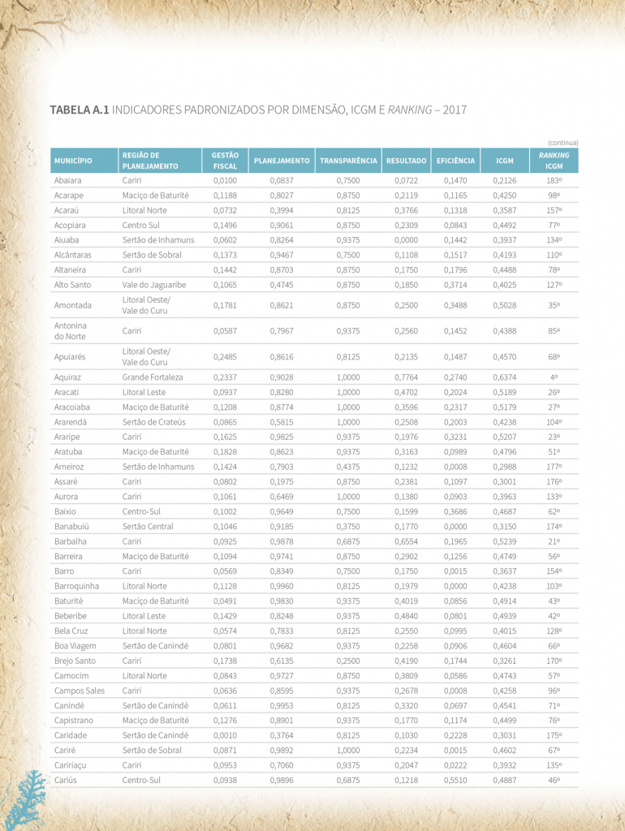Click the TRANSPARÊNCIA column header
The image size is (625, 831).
348,161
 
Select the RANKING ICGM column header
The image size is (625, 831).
554,161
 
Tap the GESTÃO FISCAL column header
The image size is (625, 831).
225,161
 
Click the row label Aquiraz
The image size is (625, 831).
68,377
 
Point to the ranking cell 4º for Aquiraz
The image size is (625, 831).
554,377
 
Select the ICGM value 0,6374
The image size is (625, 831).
504,377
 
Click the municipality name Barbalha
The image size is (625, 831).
70,541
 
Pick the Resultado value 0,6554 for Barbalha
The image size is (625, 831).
406,541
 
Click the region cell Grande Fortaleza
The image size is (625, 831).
153,377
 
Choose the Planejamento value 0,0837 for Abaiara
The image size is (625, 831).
282,180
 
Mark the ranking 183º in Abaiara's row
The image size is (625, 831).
554,180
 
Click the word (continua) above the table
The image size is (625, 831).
563,143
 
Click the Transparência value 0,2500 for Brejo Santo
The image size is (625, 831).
348,661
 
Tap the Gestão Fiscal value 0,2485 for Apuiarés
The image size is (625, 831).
225,357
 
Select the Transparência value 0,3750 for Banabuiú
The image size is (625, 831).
348,527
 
